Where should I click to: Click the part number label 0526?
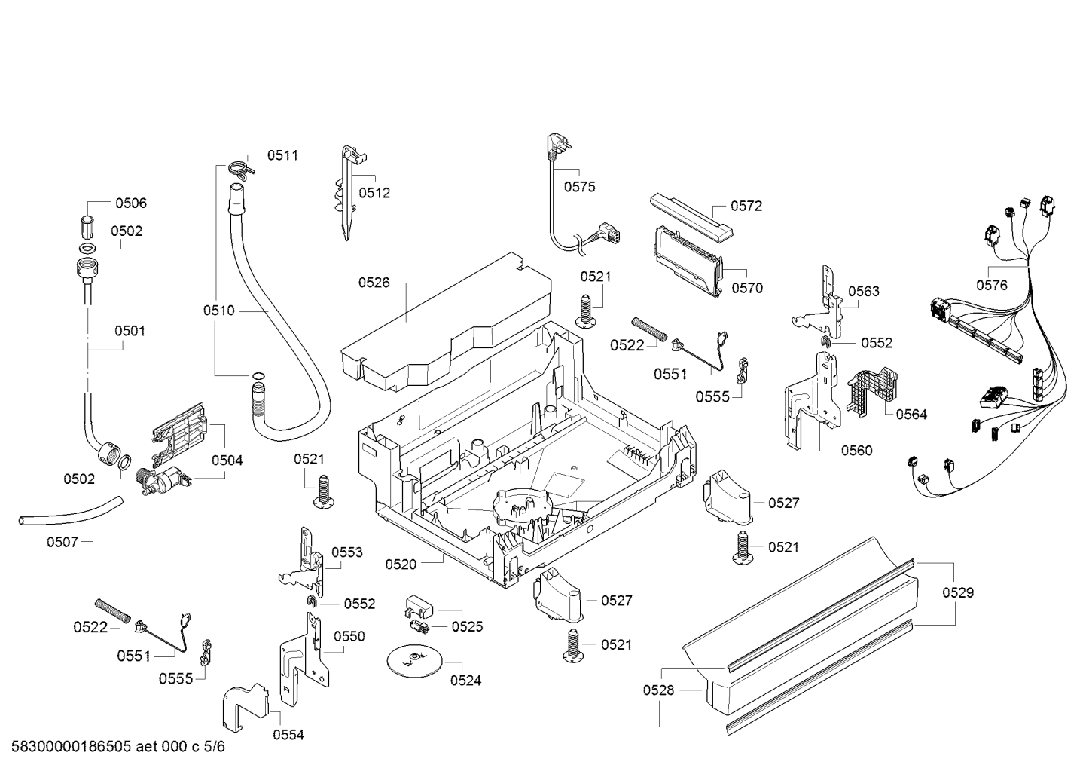click(x=374, y=283)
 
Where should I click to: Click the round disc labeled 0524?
click(x=414, y=661)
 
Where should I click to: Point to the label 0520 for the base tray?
click(x=401, y=565)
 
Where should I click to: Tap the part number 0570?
click(x=747, y=288)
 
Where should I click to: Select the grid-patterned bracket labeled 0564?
click(x=871, y=392)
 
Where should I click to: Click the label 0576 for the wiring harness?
click(x=991, y=286)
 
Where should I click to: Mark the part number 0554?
click(x=288, y=735)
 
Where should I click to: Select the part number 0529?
click(x=958, y=592)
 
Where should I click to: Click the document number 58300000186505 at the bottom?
click(x=71, y=747)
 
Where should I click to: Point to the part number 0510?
click(x=218, y=311)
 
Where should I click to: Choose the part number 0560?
click(x=857, y=451)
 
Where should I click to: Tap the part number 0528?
click(x=658, y=690)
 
